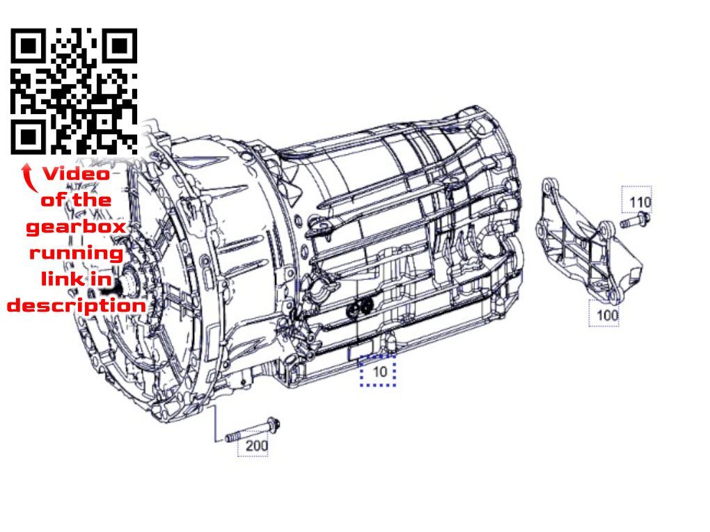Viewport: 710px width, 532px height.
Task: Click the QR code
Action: click(x=74, y=91)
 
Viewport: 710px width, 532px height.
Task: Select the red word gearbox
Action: click(x=76, y=227)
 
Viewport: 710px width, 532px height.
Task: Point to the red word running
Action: click(x=76, y=253)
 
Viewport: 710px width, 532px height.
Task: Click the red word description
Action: click(x=76, y=305)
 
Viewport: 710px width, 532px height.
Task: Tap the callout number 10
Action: click(x=379, y=372)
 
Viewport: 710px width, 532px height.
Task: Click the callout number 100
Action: click(x=607, y=314)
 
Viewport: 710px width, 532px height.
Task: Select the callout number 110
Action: click(x=639, y=202)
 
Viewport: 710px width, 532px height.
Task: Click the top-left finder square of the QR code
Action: click(x=29, y=47)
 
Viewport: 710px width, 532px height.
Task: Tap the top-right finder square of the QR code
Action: click(x=120, y=47)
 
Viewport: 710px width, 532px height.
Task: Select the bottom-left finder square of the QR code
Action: click(x=29, y=136)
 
